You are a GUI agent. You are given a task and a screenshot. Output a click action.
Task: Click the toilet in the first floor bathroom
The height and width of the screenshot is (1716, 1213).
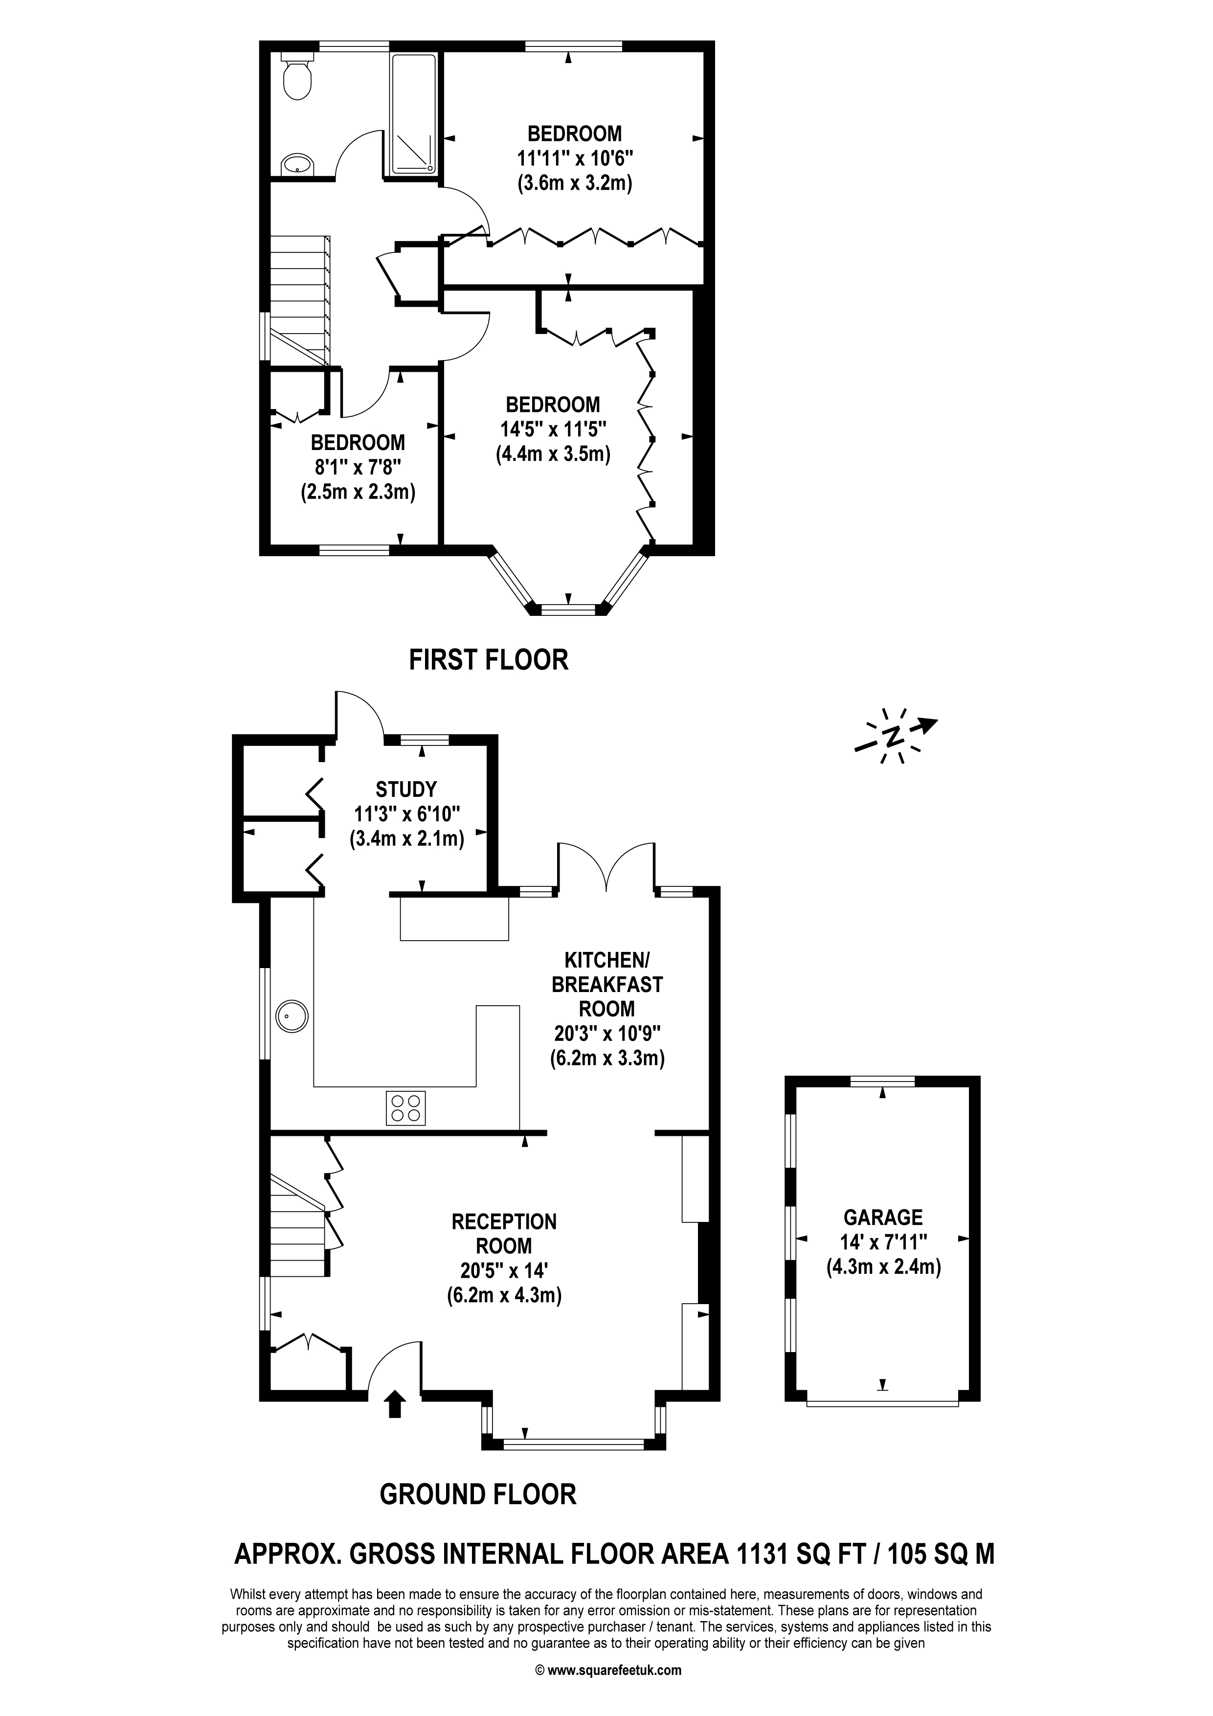click(297, 76)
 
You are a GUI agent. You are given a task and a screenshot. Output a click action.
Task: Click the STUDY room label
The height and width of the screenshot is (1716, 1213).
click(406, 789)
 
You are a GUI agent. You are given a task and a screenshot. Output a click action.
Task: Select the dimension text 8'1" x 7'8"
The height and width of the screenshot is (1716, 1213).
click(358, 468)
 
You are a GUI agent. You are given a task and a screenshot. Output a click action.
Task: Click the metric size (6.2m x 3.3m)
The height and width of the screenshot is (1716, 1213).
click(607, 1058)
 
